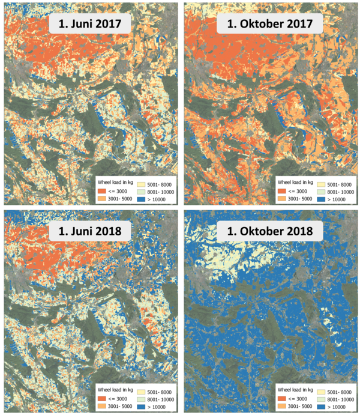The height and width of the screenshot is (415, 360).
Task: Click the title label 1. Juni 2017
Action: tap(91, 25)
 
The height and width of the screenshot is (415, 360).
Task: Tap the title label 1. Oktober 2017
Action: tap(271, 25)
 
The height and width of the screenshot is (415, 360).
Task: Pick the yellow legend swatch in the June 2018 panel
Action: tap(145, 388)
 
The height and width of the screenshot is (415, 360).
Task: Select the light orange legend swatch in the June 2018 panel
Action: tap(104, 406)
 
